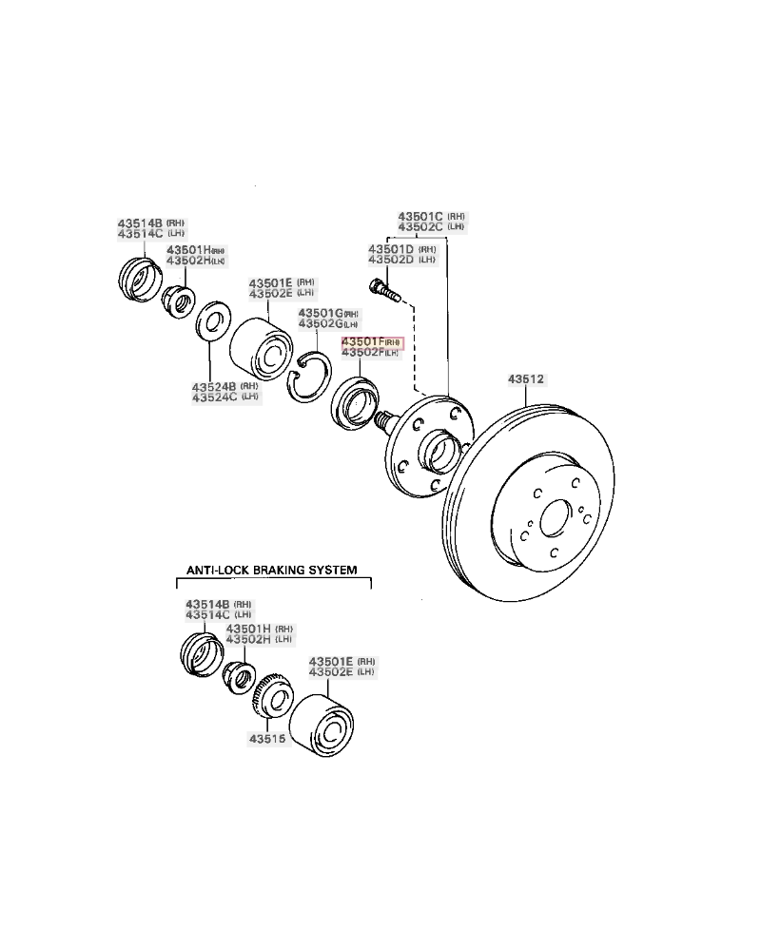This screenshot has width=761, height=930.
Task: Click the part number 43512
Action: pyautogui.click(x=524, y=378)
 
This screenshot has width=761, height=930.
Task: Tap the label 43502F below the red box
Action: pyautogui.click(x=362, y=353)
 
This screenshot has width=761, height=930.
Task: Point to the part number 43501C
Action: pyautogui.click(x=420, y=216)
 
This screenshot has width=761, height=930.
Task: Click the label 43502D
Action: pyautogui.click(x=390, y=260)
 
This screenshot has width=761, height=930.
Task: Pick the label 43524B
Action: pyautogui.click(x=214, y=387)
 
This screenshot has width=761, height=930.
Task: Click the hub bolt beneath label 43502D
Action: pyautogui.click(x=383, y=286)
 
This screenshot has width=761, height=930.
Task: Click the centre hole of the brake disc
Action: pyautogui.click(x=552, y=521)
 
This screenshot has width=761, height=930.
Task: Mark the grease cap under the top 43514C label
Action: pyautogui.click(x=138, y=276)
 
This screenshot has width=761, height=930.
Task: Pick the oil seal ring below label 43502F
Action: pyautogui.click(x=355, y=402)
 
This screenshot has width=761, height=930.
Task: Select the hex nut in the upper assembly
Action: pyautogui.click(x=176, y=300)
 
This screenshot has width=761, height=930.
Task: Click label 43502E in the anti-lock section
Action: pyautogui.click(x=329, y=672)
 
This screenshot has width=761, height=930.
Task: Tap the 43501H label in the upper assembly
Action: pyautogui.click(x=187, y=249)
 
